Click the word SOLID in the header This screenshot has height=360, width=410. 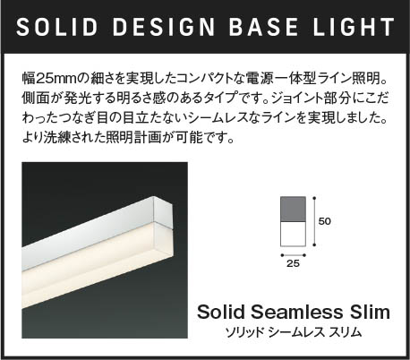[56, 28]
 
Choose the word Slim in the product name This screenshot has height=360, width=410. [370, 313]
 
